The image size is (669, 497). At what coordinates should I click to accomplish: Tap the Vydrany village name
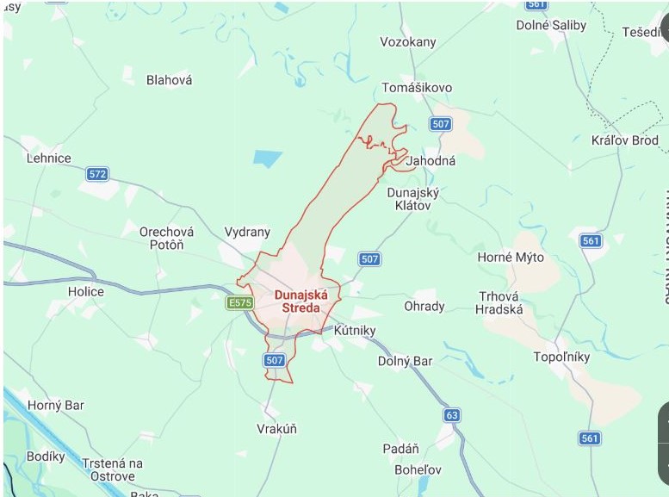coord(247,232)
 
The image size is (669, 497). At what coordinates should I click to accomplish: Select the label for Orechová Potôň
coord(167,239)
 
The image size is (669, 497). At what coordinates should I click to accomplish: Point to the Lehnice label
coord(49,158)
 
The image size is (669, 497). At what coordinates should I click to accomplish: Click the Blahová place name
coord(170,80)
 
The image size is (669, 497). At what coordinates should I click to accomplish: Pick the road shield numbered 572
coord(98,174)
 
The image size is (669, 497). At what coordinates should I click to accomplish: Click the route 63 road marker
coord(453,415)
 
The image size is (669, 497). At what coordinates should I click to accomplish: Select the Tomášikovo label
coord(417,88)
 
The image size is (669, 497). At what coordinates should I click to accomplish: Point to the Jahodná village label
coord(431,161)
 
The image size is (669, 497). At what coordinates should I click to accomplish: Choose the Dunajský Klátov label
coord(413,199)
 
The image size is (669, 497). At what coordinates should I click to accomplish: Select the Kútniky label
coord(355,330)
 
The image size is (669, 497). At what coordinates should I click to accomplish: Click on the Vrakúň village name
coord(277,428)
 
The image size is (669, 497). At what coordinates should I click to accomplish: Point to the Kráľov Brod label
coord(625,140)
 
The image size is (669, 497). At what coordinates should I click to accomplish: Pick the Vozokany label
coord(408,42)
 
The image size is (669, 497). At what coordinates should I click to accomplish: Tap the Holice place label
coord(86,291)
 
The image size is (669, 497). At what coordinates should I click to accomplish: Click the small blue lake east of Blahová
coord(268,158)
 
